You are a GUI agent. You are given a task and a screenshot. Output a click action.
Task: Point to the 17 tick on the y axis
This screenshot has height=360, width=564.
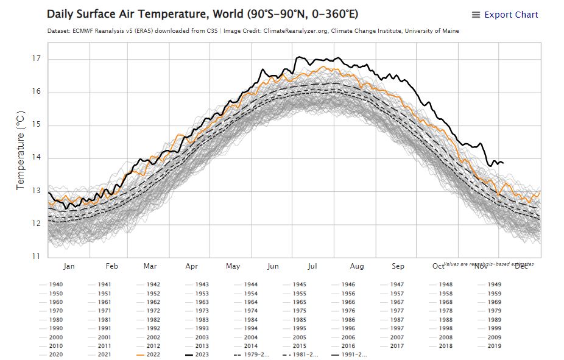[x=36, y=59]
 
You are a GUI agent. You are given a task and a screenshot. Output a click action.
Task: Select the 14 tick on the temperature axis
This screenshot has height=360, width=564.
[x=36, y=158]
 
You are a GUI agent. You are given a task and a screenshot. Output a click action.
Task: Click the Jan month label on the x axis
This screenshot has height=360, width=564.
[x=69, y=266]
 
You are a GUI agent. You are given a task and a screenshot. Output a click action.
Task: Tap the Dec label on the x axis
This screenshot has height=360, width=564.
[x=521, y=266]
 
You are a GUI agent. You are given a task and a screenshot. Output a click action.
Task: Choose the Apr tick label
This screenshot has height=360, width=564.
[x=192, y=266]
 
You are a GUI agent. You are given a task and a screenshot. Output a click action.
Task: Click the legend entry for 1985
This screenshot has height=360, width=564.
[x=300, y=320]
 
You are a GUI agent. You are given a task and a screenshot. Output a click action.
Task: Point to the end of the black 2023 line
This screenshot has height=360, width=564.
[x=502, y=163]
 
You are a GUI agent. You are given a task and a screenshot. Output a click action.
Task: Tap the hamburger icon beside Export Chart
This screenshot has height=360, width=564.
[x=476, y=15]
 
